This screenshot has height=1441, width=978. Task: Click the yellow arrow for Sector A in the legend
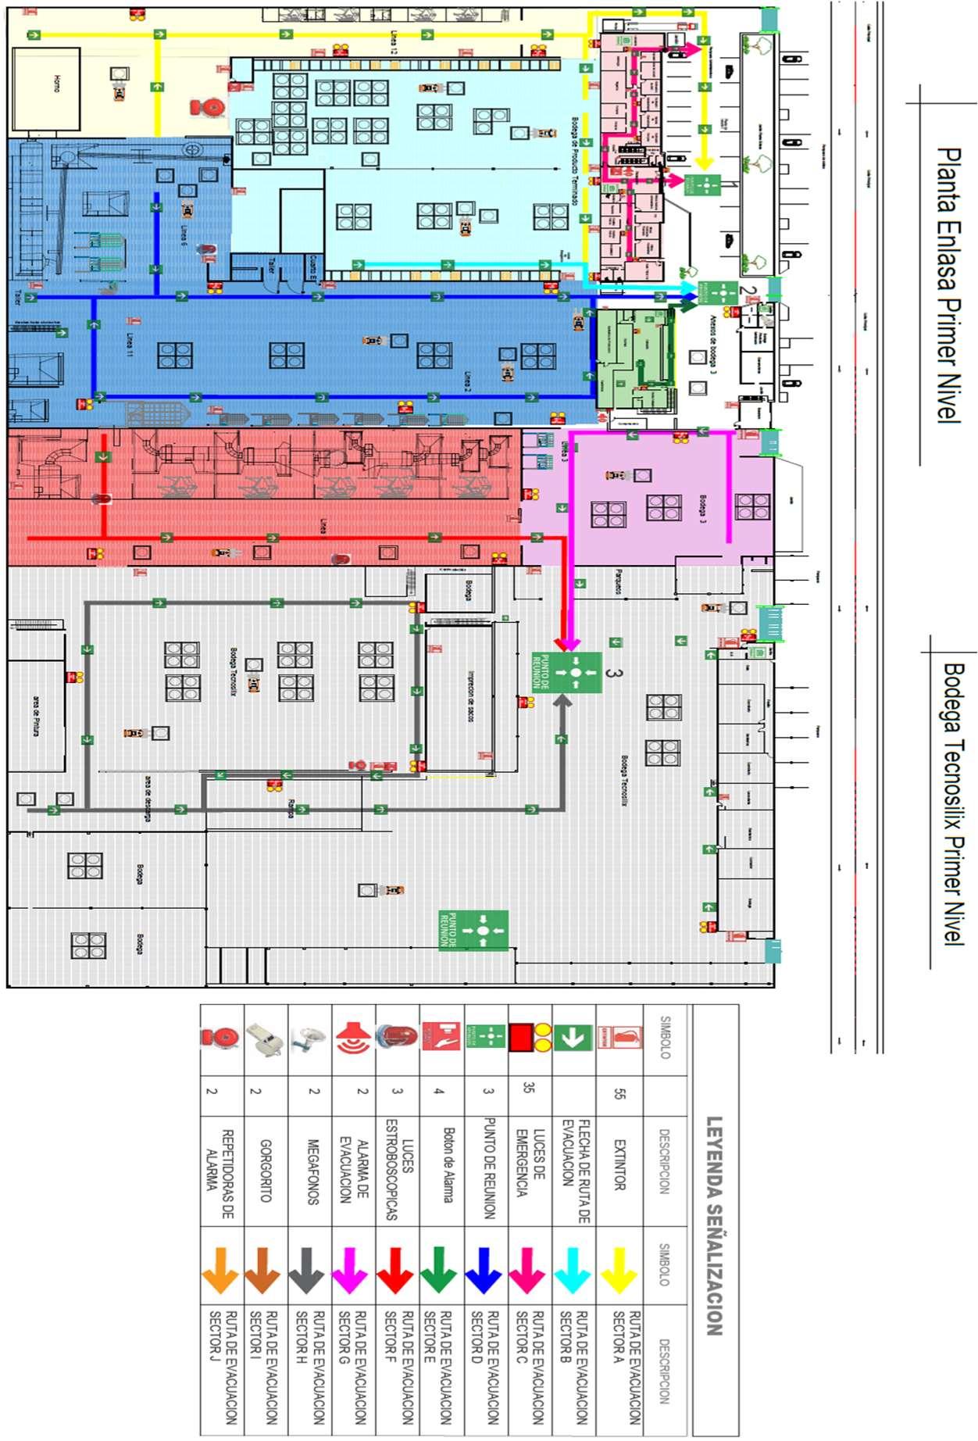(619, 1270)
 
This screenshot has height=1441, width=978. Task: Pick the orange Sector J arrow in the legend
(220, 1270)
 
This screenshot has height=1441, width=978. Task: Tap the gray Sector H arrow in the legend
(306, 1270)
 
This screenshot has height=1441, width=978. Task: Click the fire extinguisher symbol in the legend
(619, 1038)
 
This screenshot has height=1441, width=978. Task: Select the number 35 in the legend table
(529, 1087)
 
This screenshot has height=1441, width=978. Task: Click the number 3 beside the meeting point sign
(614, 673)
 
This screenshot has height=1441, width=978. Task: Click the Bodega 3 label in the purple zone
(703, 509)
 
